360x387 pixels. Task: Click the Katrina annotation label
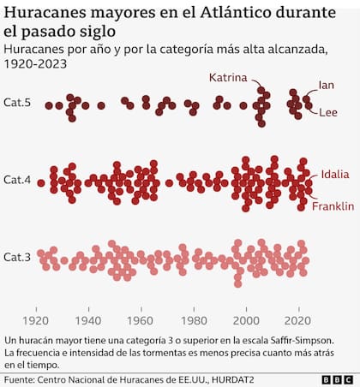pyautogui.click(x=228, y=78)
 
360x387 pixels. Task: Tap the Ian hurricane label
pyautogui.click(x=327, y=85)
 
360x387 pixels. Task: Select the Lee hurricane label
pyautogui.click(x=328, y=112)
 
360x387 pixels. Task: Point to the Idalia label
pyautogui.click(x=335, y=174)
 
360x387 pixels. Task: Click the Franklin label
pyautogui.click(x=333, y=206)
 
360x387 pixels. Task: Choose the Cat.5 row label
pyautogui.click(x=17, y=103)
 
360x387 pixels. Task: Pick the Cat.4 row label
pyautogui.click(x=17, y=180)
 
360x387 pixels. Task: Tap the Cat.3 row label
pyautogui.click(x=17, y=257)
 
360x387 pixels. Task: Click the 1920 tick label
pyautogui.click(x=35, y=321)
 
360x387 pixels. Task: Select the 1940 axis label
pyautogui.click(x=88, y=321)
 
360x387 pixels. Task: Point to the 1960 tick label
pyautogui.click(x=140, y=321)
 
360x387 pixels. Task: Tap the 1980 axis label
pyautogui.click(x=194, y=321)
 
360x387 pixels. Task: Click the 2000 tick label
pyautogui.click(x=246, y=321)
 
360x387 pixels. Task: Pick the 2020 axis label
pyautogui.click(x=297, y=321)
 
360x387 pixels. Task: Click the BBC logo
pyautogui.click(x=338, y=380)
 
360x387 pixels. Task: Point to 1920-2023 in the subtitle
pyautogui.click(x=35, y=63)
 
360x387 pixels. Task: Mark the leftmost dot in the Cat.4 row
pyautogui.click(x=41, y=183)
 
